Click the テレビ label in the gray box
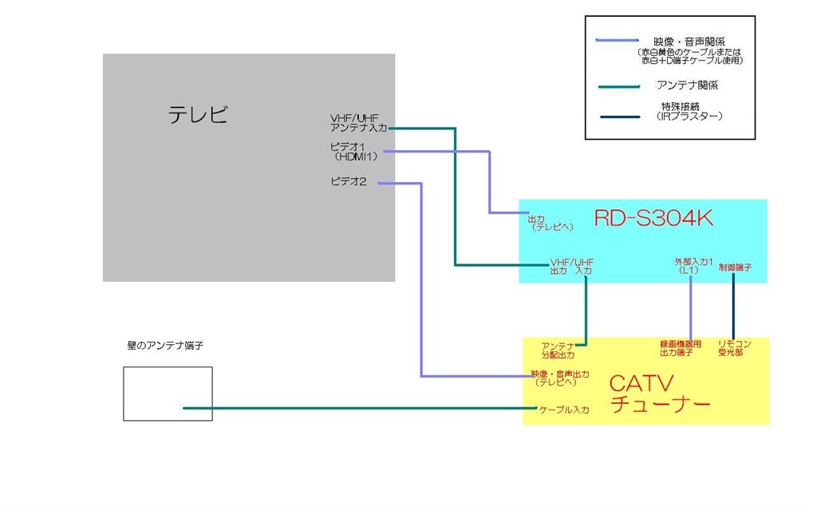coord(198,115)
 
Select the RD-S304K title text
coord(653,219)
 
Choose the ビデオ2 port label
coord(349,182)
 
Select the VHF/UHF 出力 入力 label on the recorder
coord(571,267)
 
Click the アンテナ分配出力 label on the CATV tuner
coord(558,350)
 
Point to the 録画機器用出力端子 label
coord(681,350)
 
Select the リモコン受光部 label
coord(733,350)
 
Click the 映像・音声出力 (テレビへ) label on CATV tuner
coord(560,378)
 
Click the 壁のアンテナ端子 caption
coord(160,346)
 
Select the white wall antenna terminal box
coord(168,393)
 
